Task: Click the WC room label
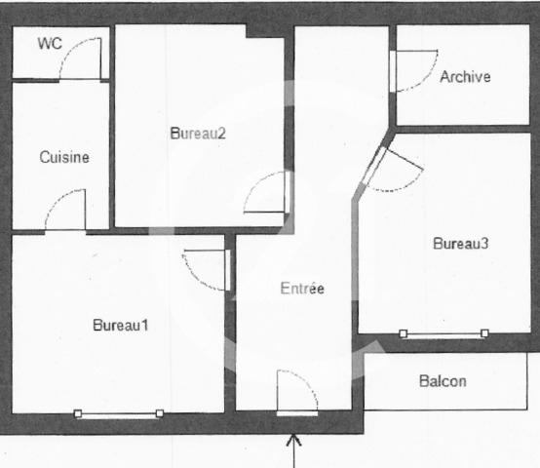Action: pos(49,44)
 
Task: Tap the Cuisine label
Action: pos(64,157)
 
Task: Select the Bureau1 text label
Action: pos(120,325)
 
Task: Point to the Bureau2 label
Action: pos(198,134)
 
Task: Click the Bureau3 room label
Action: pos(460,244)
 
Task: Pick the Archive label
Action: pos(465,77)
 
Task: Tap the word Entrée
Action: pos(301,289)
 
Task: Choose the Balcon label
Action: pos(443,381)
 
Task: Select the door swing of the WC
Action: pos(80,59)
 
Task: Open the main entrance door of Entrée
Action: pos(296,392)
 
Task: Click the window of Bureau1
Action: pos(119,414)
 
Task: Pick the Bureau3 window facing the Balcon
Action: pos(444,334)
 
